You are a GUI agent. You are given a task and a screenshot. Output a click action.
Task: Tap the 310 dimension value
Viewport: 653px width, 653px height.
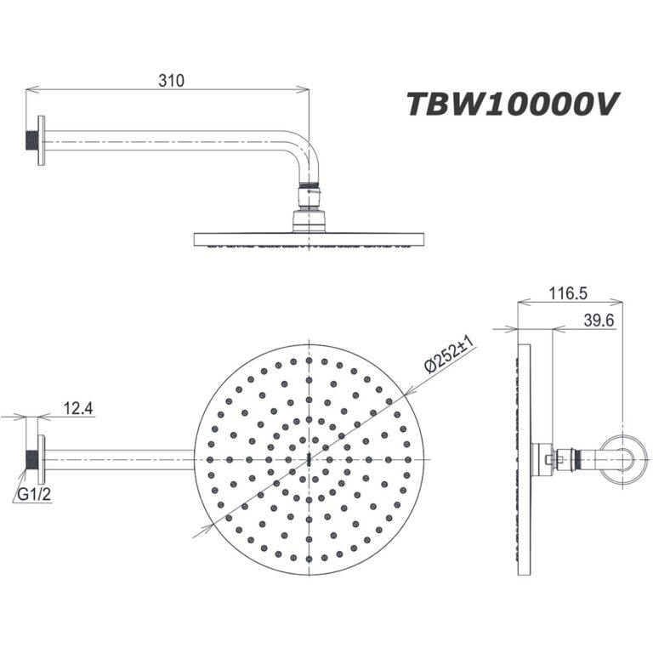click(171, 81)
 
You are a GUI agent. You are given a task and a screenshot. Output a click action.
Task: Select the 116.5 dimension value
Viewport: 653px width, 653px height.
click(569, 293)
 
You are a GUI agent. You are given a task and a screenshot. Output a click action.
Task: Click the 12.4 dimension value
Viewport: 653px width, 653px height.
click(78, 410)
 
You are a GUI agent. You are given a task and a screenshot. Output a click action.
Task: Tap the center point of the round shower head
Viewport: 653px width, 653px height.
click(306, 458)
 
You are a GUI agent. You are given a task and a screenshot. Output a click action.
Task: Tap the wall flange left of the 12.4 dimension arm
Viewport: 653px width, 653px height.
click(37, 458)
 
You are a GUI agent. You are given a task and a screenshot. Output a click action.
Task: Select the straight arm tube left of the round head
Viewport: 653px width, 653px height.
click(119, 458)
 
